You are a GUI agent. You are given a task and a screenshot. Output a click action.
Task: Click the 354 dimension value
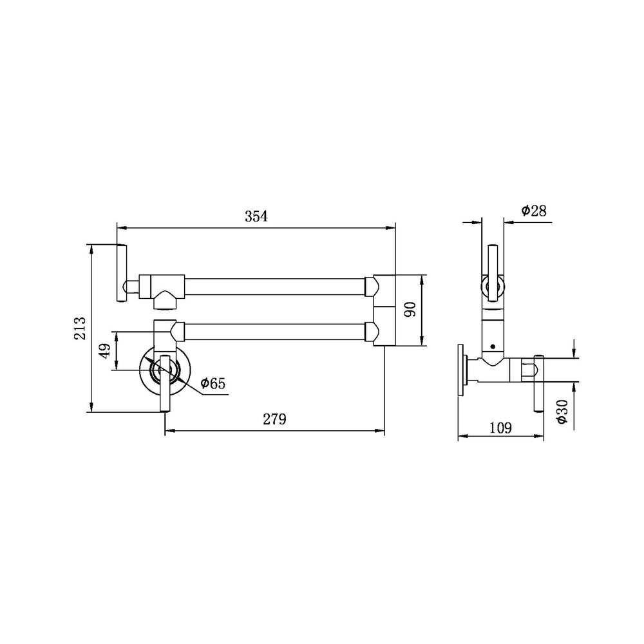pyautogui.click(x=256, y=216)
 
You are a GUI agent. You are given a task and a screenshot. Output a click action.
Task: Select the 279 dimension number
pyautogui.click(x=274, y=419)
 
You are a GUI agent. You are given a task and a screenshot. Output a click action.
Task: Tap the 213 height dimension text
pyautogui.click(x=80, y=328)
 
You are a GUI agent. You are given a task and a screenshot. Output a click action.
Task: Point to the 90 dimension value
pyautogui.click(x=410, y=309)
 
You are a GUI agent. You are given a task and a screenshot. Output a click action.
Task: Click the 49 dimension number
pyautogui.click(x=105, y=351)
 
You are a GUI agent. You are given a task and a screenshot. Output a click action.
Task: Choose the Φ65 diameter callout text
pyautogui.click(x=213, y=384)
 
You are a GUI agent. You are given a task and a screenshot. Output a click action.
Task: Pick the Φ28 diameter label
pyautogui.click(x=534, y=211)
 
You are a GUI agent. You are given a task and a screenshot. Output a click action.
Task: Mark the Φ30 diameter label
pyautogui.click(x=562, y=412)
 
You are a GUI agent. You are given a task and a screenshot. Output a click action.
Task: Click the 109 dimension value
pyautogui.click(x=500, y=428)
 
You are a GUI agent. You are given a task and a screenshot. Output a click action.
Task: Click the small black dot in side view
pyautogui.click(x=493, y=346)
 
